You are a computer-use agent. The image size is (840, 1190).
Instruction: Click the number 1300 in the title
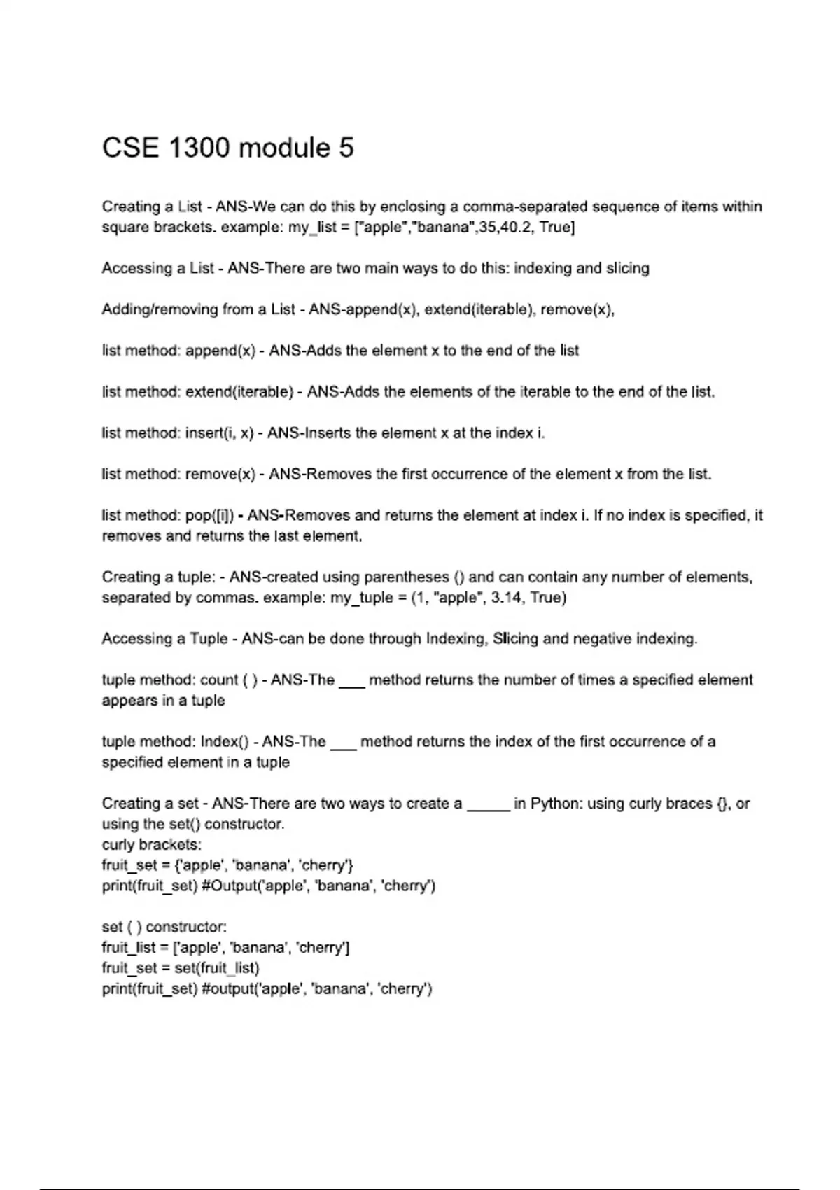[199, 148]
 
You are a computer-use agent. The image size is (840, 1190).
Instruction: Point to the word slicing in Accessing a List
[628, 268]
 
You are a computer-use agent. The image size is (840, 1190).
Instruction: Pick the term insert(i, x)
[219, 433]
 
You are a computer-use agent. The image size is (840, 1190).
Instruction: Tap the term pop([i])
[210, 515]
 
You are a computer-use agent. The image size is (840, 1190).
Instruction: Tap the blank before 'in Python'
[488, 805]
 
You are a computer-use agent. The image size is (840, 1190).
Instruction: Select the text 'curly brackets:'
[151, 845]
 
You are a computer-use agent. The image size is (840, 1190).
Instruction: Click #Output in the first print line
[229, 886]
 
